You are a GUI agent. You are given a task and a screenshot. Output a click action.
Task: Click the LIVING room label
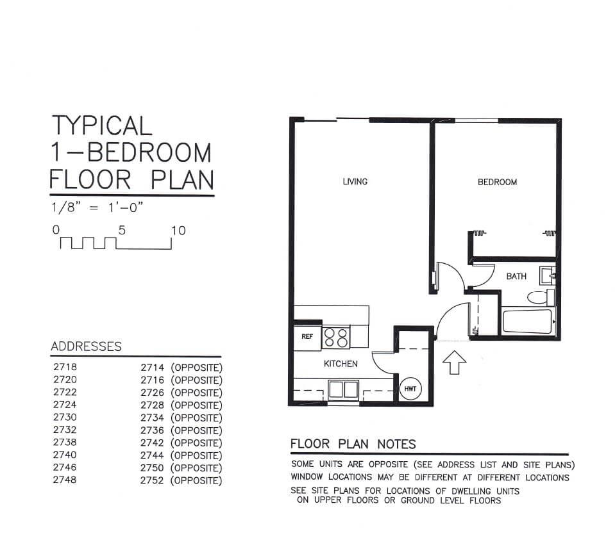click(355, 181)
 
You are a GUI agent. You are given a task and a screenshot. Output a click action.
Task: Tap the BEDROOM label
click(497, 182)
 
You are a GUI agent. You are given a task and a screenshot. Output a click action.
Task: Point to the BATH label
click(516, 276)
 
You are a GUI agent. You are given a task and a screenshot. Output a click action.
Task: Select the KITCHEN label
click(341, 364)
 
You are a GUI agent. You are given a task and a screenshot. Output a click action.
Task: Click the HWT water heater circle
click(410, 389)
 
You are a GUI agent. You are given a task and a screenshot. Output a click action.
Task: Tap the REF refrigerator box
click(308, 336)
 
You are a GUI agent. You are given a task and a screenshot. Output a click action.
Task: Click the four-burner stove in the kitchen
click(336, 338)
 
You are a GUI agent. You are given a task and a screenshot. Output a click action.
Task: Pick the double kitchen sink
click(343, 389)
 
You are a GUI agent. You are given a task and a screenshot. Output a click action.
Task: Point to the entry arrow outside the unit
click(454, 362)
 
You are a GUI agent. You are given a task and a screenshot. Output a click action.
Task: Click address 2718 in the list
click(65, 367)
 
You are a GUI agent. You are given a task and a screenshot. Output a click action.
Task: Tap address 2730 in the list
click(65, 418)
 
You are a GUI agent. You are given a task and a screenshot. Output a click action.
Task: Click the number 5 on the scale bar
click(122, 231)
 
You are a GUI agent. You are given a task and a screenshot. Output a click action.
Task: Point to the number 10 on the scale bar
click(178, 231)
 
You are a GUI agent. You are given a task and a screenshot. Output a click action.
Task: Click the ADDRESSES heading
click(87, 346)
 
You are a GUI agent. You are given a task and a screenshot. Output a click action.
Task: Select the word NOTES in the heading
click(396, 444)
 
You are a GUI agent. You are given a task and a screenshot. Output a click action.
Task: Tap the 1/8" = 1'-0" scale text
click(97, 207)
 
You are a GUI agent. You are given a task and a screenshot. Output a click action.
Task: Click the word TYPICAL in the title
click(102, 126)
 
